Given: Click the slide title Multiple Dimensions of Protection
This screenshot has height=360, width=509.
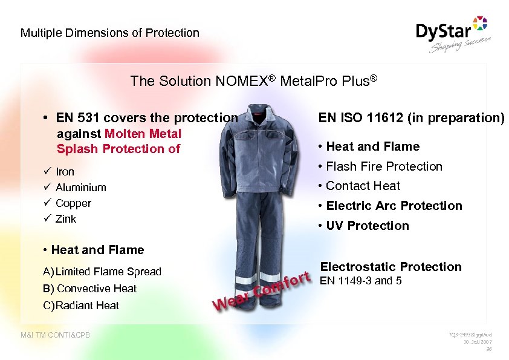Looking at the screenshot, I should click(x=109, y=33).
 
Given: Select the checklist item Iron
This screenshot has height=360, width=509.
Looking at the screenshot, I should click(x=65, y=172).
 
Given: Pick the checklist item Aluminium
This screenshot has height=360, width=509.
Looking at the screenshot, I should click(x=80, y=188).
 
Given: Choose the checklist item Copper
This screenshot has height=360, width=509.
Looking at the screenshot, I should click(x=73, y=203).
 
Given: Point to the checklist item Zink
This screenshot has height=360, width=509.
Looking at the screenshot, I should click(x=66, y=219).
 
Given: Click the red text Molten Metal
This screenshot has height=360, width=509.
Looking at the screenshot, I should click(x=143, y=133).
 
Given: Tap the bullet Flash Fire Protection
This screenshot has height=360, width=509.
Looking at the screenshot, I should click(x=384, y=166).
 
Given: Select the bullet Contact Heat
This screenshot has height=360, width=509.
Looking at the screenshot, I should click(x=363, y=186).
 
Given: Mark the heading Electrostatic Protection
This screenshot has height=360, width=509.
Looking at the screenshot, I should click(x=391, y=267).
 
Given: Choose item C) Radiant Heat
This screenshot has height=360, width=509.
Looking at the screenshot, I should click(x=81, y=306).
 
